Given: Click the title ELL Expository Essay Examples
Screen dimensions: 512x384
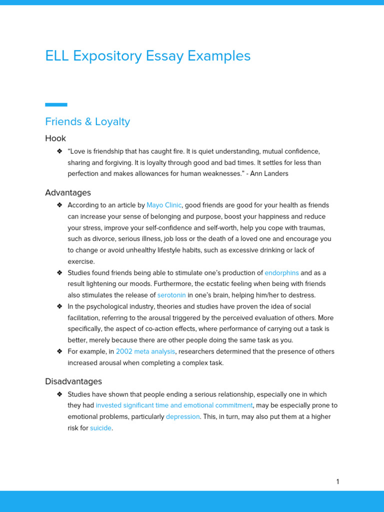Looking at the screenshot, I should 147,56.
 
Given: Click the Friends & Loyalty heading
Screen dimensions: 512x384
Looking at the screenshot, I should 87,121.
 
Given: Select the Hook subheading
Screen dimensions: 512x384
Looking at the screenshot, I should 55,138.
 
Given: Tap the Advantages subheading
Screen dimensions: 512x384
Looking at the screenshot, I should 68,192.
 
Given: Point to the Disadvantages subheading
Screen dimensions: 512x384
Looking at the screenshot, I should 73,381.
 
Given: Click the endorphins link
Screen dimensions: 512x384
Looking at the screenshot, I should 281,273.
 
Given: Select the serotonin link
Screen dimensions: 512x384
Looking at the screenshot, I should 171,295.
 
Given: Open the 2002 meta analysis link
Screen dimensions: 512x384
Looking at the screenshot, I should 145,351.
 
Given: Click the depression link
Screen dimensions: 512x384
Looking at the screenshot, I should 182,416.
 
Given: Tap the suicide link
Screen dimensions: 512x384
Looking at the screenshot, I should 100,428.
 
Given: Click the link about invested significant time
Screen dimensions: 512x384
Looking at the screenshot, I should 174,405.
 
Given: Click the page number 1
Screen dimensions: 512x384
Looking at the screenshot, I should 337,481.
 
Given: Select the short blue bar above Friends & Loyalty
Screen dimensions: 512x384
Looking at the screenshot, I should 56,104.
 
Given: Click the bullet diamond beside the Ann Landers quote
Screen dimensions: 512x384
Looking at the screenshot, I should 59,151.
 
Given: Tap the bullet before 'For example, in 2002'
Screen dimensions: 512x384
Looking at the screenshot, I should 59,351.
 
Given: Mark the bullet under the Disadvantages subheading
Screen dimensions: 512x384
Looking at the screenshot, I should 59,394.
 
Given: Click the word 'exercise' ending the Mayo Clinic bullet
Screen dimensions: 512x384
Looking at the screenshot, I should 80,261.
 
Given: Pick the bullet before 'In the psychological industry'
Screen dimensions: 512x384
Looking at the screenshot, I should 59,306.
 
